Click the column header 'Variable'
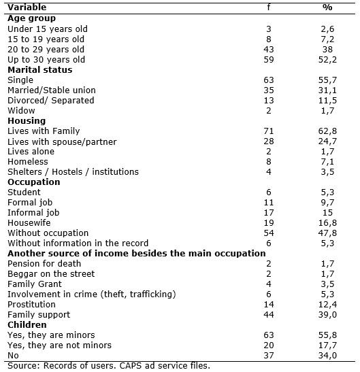(27, 7)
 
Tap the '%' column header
(327, 7)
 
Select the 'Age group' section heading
(31, 18)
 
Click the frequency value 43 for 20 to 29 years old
(269, 50)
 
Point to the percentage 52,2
(327, 60)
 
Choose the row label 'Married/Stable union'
(52, 90)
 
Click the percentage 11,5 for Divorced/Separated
(327, 101)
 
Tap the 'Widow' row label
(21, 111)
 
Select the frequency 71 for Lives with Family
(269, 131)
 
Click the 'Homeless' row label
(28, 162)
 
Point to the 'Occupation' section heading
(34, 182)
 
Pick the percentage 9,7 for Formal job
(327, 203)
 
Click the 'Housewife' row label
(29, 223)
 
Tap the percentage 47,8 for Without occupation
(327, 233)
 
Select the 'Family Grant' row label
(35, 284)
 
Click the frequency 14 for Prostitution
(269, 305)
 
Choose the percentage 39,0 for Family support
(327, 315)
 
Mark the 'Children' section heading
(27, 325)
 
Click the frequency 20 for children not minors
(269, 345)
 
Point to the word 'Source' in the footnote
(21, 366)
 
